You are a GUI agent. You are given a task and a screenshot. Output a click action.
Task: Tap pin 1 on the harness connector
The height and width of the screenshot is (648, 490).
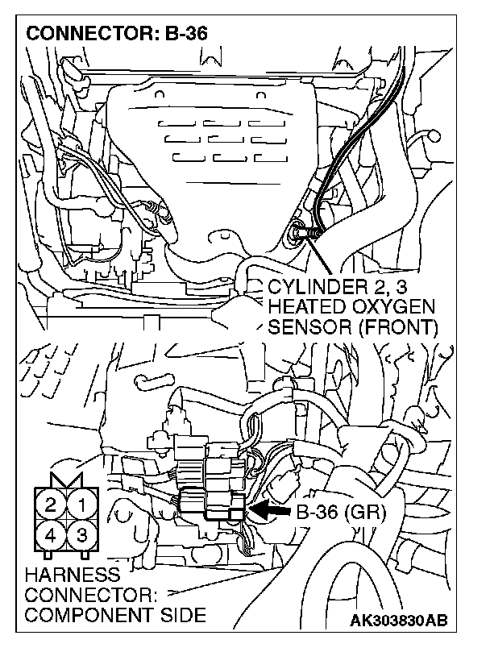point(81,505)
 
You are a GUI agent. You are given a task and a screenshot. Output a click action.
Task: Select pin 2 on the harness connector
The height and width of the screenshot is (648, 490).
point(51,505)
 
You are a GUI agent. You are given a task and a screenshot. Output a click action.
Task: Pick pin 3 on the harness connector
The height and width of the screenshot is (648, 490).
point(81,534)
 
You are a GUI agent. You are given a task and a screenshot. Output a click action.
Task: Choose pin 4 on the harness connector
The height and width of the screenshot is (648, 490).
point(51,534)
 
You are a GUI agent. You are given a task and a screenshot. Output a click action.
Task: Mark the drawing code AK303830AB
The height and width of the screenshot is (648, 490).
point(401,621)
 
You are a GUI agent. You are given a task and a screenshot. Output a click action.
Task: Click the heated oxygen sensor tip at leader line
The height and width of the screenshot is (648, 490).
point(299,235)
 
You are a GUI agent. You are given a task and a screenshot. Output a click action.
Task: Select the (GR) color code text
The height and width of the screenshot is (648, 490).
point(367,510)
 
